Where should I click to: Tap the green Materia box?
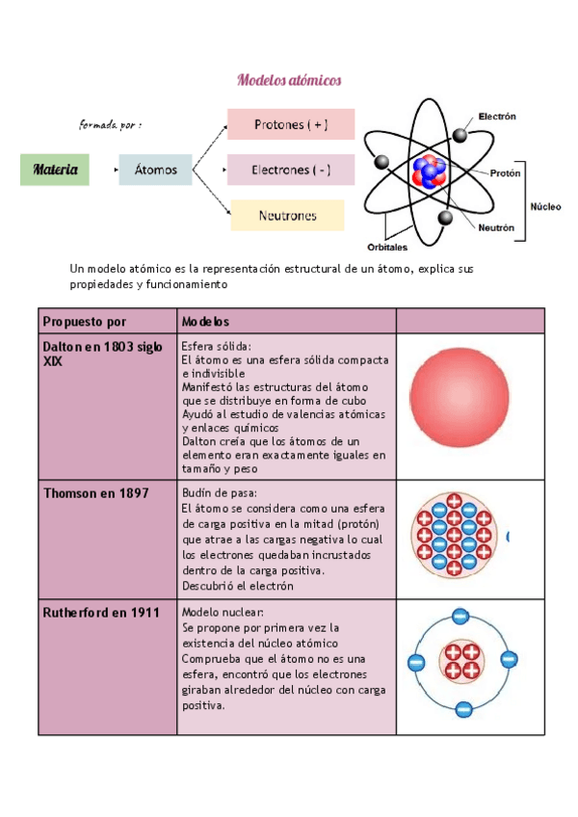[x=56, y=170]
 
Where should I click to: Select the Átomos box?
[x=156, y=170]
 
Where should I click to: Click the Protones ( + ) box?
[x=291, y=124]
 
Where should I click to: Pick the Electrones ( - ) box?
[x=291, y=170]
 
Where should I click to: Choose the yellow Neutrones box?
[x=287, y=215]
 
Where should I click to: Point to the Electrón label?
[x=497, y=117]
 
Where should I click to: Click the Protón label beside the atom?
[x=506, y=174]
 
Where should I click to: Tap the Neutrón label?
[x=497, y=228]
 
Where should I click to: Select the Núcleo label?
[x=546, y=206]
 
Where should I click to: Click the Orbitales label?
[x=387, y=246]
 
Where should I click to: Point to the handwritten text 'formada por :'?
[x=111, y=125]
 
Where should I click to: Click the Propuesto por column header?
[x=85, y=321]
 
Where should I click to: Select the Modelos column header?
[x=205, y=321]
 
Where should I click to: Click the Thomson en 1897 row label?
[x=96, y=493]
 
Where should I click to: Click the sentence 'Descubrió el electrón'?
[x=238, y=586]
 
